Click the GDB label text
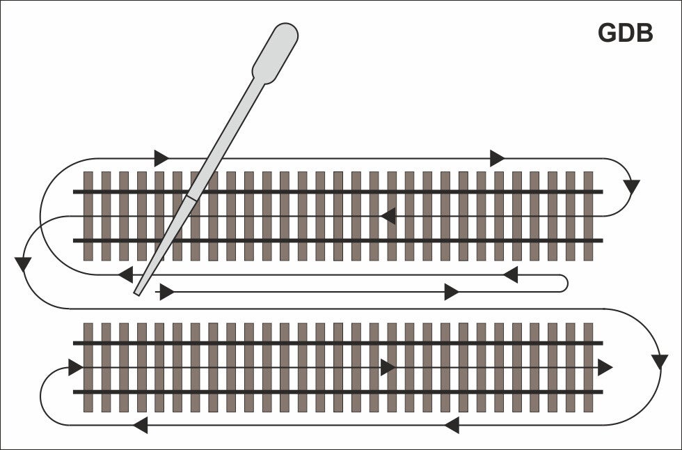coord(625,33)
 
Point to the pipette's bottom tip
coord(138,292)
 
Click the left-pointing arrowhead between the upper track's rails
coord(388,216)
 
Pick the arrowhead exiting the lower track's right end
coord(605,367)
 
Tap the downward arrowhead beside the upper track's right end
coord(631,187)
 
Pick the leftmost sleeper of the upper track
coord(88,216)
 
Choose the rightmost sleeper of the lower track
coord(588,367)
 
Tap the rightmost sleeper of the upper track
coord(588,216)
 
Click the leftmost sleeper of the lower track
coord(88,367)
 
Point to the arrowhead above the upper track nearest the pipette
coord(161,157)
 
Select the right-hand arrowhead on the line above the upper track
coord(497,158)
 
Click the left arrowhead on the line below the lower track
coord(140,424)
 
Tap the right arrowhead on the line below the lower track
coord(451,424)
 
